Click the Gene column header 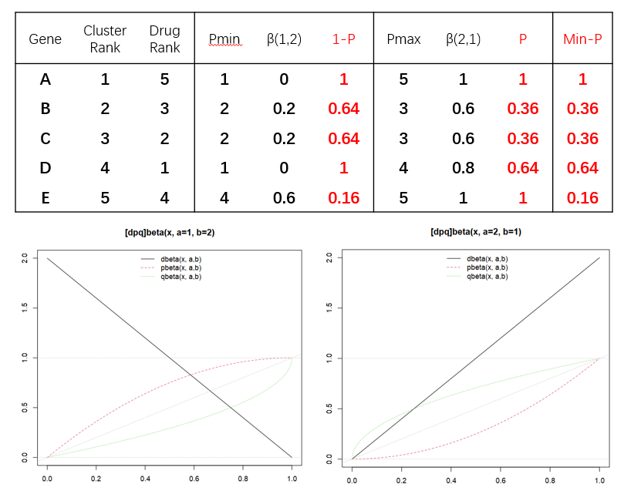[x=45, y=39]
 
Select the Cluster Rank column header [x=105, y=39]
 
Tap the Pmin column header [x=224, y=39]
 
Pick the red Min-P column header [x=582, y=39]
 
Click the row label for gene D [x=45, y=167]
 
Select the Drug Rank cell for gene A [x=165, y=79]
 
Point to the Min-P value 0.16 [x=582, y=197]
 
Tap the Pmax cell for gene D [x=403, y=167]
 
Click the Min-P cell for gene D [x=582, y=167]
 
